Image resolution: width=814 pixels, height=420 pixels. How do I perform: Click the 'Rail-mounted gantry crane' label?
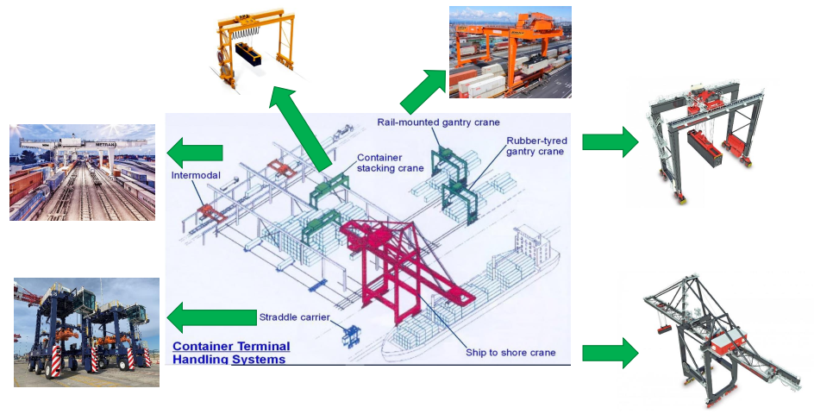point(438,122)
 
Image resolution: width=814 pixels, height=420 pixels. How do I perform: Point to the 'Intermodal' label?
point(196,175)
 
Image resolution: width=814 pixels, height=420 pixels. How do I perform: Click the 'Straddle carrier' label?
point(294,317)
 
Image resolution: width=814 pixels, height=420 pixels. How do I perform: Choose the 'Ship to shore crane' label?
point(510,352)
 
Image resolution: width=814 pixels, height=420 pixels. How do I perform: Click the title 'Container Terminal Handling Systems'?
point(231,352)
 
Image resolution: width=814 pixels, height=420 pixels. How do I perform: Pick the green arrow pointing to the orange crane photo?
point(421,90)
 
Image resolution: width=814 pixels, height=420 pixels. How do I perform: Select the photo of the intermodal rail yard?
point(82,172)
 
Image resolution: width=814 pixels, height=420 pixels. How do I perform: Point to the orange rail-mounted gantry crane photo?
point(510,52)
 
